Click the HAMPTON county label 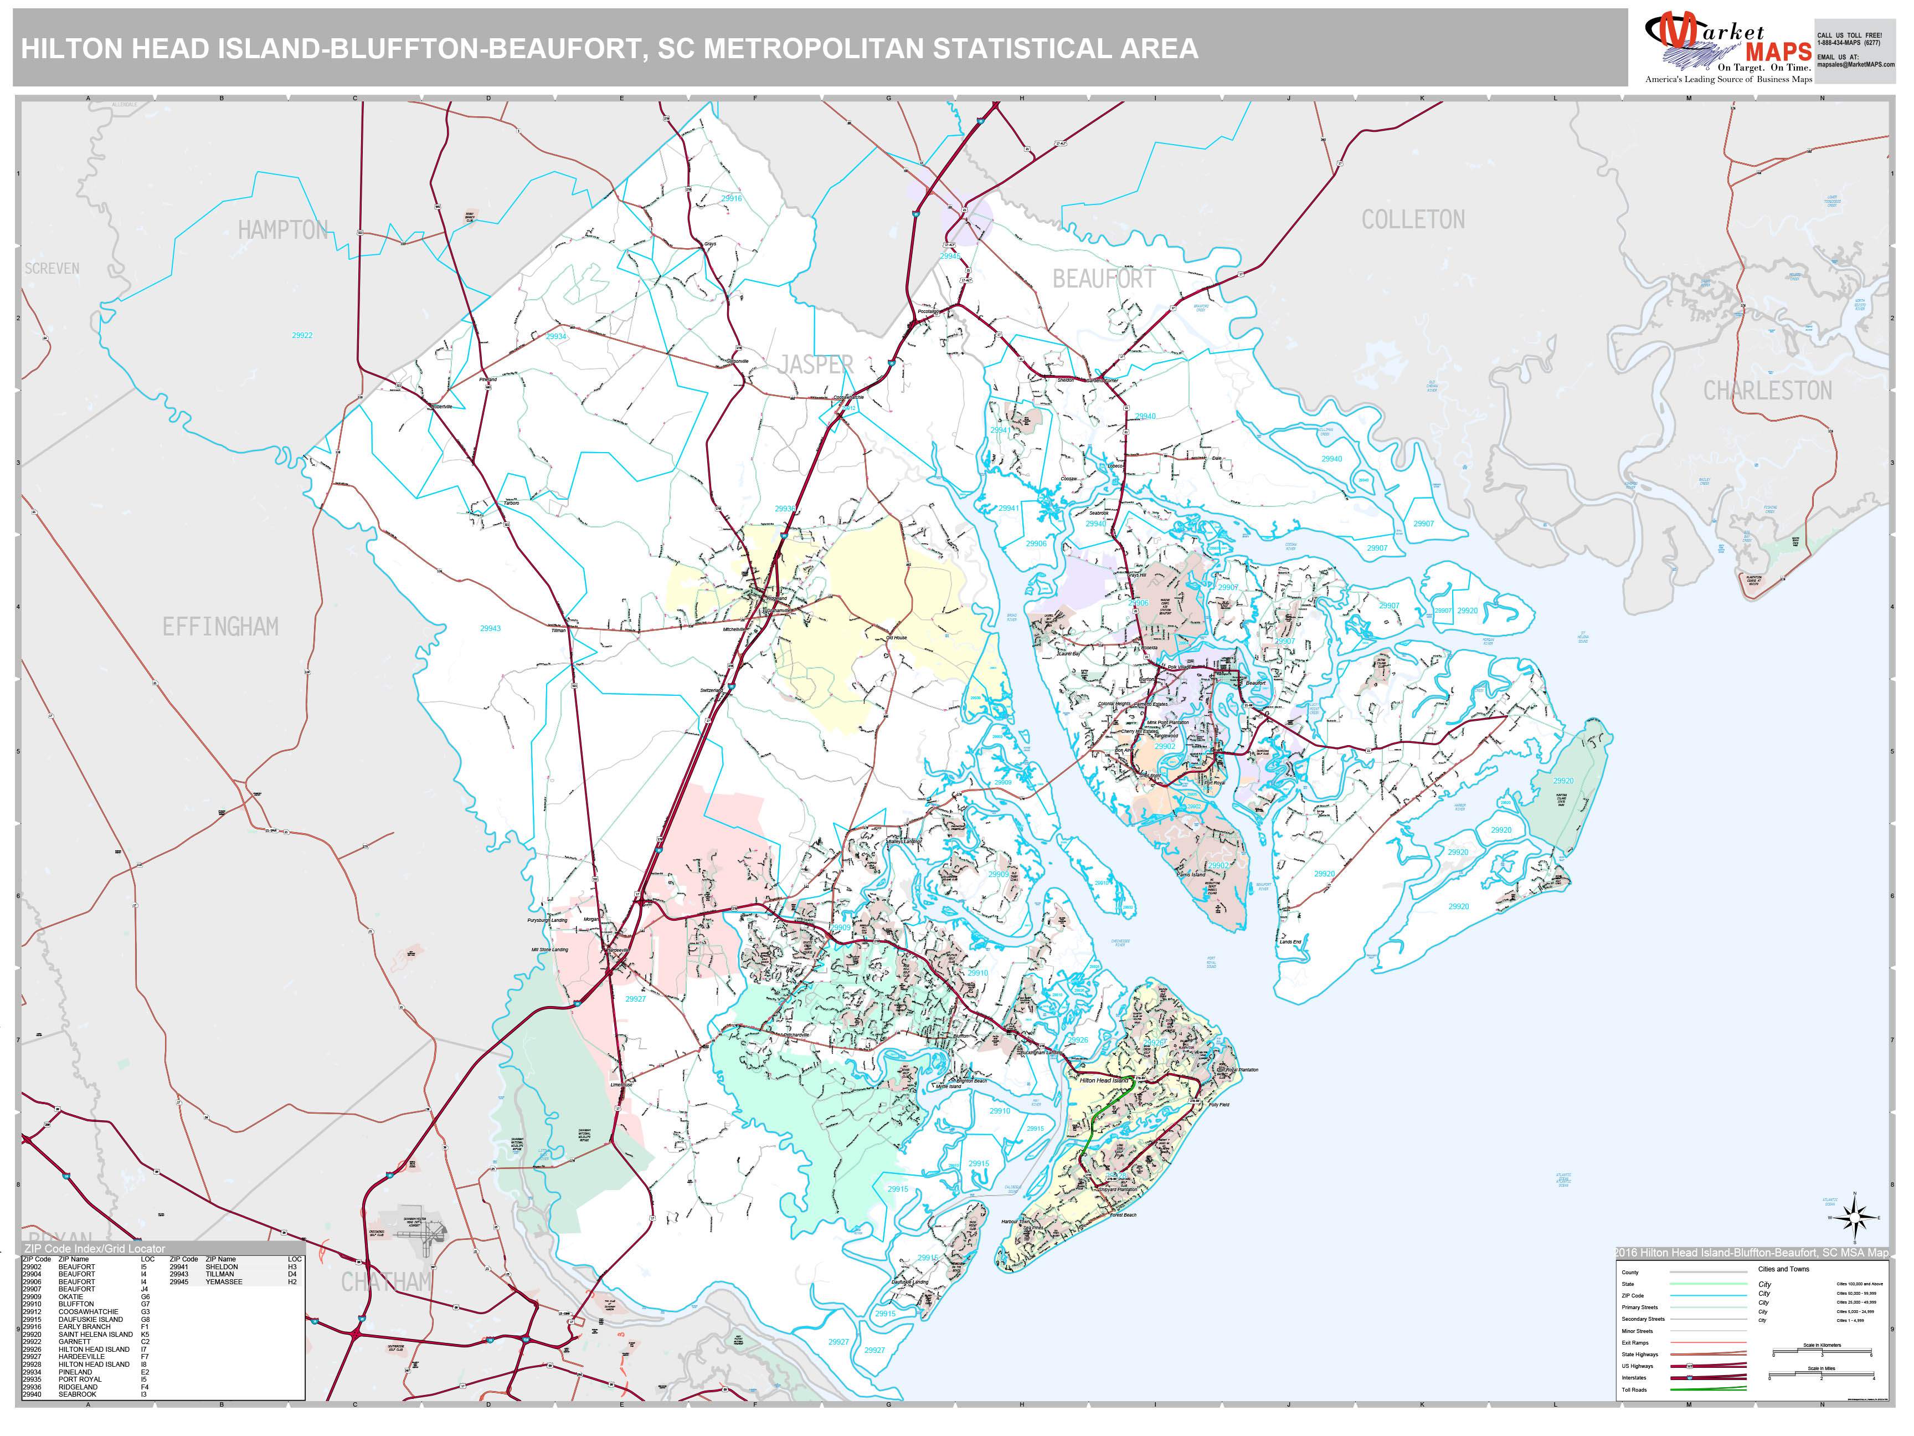click(x=283, y=230)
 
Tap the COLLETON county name click(x=1413, y=220)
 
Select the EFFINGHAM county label click(x=220, y=627)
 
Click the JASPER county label click(x=815, y=365)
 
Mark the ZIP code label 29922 click(x=302, y=336)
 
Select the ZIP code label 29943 click(x=491, y=628)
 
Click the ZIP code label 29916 click(x=732, y=198)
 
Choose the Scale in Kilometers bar click(x=1822, y=1352)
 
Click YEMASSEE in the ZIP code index click(x=224, y=1282)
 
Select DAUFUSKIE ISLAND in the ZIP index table click(x=91, y=1319)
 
